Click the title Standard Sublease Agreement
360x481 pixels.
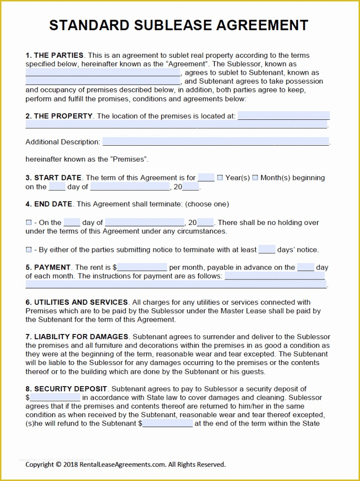click(x=179, y=25)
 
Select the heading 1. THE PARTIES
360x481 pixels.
click(x=54, y=55)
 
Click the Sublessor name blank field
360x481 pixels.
click(x=103, y=73)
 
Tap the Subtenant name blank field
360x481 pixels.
click(x=103, y=81)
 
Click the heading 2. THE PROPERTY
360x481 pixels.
click(x=59, y=116)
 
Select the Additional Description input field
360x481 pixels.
click(x=215, y=142)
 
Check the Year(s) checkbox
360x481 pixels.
click(x=220, y=178)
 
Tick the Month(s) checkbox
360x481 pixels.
click(x=255, y=178)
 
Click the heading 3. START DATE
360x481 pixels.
click(x=54, y=178)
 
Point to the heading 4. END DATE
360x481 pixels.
click(x=49, y=204)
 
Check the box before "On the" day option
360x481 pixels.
click(x=29, y=223)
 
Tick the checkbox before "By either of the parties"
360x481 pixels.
click(x=29, y=250)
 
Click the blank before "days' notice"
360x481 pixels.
click(x=267, y=249)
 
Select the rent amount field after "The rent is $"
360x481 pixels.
click(x=142, y=267)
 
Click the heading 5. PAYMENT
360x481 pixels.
click(x=48, y=267)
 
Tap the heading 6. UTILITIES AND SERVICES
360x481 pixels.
click(x=77, y=303)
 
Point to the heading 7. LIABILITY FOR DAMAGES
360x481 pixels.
click(x=77, y=337)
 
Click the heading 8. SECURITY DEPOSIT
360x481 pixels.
click(x=67, y=389)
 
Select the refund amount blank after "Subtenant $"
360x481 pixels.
click(x=167, y=424)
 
